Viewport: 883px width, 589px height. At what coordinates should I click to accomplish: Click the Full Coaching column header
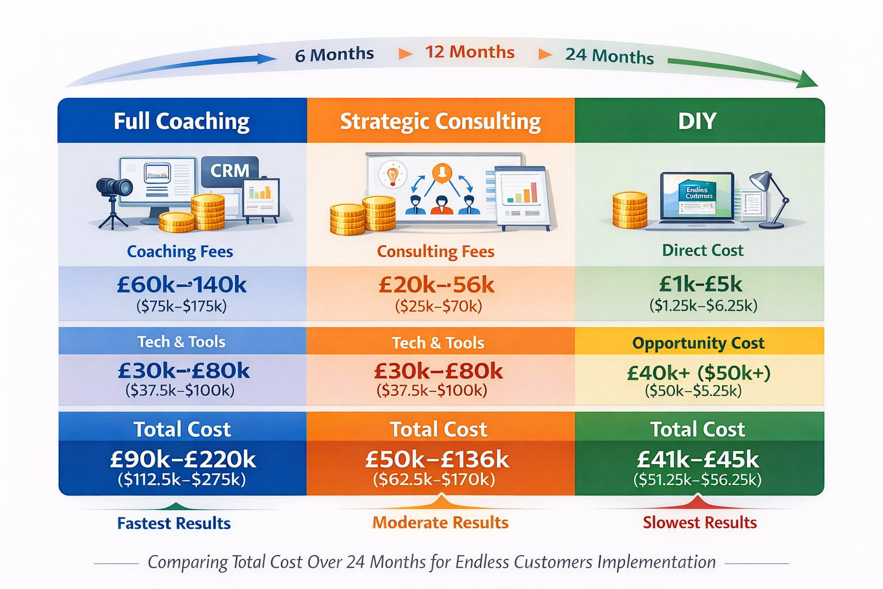pos(182,121)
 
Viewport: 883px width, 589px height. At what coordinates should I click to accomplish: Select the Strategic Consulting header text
pos(440,121)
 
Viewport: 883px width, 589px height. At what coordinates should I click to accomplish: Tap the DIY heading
pos(697,121)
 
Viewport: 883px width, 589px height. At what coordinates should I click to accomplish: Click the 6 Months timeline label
pos(334,55)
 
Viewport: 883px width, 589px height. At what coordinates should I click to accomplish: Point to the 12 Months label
pos(470,52)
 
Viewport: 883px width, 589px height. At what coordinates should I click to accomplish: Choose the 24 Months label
pos(609,56)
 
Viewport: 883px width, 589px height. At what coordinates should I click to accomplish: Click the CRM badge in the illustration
pos(230,171)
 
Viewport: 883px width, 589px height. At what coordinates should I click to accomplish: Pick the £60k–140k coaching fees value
pos(182,285)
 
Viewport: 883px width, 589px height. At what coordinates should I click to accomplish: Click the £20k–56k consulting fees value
pos(436,285)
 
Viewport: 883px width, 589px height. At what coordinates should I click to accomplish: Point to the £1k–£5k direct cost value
pos(701,284)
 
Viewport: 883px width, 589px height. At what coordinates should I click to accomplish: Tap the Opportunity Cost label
pos(698,343)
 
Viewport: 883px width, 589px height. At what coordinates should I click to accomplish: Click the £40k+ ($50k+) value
pos(698,373)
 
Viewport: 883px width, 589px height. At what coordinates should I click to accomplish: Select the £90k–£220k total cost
pos(183,459)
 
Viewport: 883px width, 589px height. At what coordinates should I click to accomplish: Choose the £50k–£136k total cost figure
pos(437,460)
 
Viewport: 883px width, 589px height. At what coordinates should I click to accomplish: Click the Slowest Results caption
pos(700,522)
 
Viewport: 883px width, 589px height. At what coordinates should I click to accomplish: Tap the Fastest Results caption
pos(174,523)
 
